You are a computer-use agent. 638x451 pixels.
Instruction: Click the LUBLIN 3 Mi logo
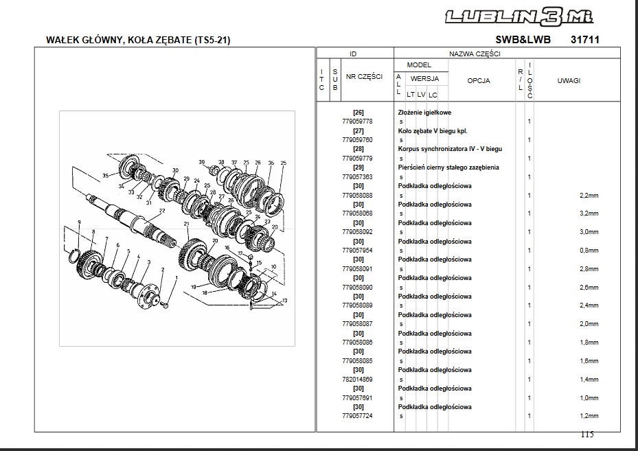coord(519,17)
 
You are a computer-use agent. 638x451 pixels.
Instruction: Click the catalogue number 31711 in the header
coord(585,39)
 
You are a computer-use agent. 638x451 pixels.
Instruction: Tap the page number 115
coord(587,435)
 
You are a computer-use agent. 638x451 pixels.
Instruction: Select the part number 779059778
coord(357,122)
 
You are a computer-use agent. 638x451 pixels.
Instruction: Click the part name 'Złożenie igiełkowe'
coord(424,113)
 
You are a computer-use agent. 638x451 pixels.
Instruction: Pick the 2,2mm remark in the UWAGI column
coord(589,196)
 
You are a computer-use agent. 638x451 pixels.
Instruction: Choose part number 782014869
coord(357,380)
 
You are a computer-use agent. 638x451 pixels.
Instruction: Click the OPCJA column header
coord(479,80)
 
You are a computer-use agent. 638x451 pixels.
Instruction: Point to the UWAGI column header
coord(569,80)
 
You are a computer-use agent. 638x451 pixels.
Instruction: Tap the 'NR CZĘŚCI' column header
coord(364,76)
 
